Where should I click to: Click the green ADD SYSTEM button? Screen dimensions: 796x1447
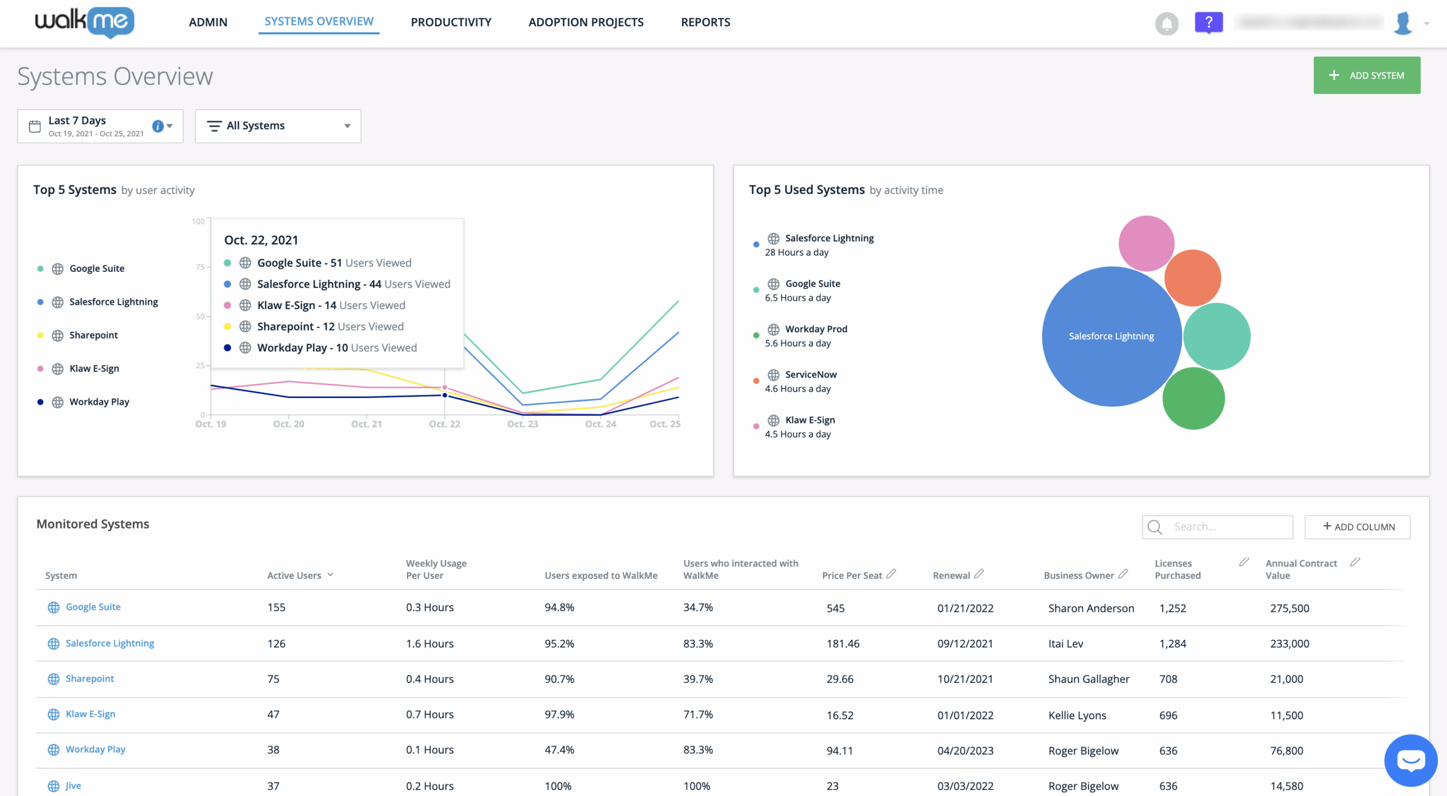point(1366,75)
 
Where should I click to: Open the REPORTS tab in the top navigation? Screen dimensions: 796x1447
point(705,22)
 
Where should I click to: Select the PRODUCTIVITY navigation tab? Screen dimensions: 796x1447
point(450,22)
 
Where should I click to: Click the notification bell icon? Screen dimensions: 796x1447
point(1166,24)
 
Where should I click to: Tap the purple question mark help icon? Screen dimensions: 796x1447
point(1208,23)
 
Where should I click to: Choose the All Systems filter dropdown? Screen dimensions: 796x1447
point(278,126)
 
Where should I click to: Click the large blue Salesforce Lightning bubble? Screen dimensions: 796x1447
point(1111,336)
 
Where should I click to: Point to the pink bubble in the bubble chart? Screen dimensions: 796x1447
point(1146,243)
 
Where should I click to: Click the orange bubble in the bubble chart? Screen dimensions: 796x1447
point(1193,278)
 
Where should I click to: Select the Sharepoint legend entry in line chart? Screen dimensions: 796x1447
point(93,335)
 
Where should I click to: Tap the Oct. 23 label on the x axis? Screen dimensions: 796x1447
point(522,424)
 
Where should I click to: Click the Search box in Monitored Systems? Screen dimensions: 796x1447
point(1227,527)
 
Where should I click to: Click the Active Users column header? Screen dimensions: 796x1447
point(294,576)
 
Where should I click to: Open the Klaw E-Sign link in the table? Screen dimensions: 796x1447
point(90,714)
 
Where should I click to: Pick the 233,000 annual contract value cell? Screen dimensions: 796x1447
point(1289,643)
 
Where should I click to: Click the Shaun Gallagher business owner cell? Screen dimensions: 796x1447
point(1088,679)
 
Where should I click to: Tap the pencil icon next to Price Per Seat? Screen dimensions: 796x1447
point(891,574)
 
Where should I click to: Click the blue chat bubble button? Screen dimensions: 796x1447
point(1410,760)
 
